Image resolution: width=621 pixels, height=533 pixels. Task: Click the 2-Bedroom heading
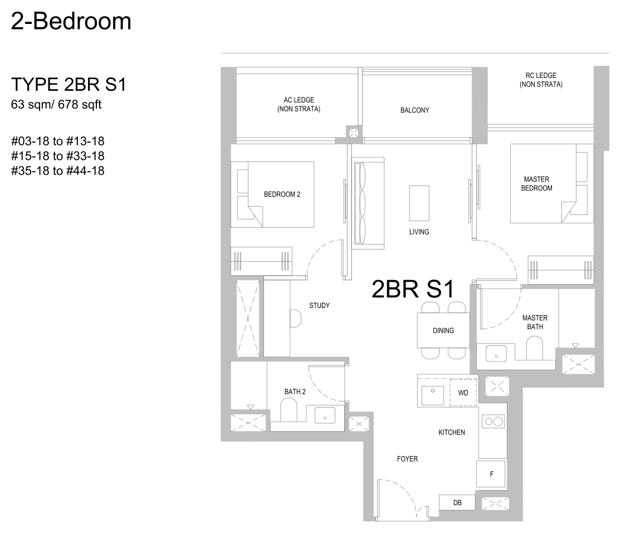(71, 21)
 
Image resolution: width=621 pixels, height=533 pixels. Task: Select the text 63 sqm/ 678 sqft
(56, 105)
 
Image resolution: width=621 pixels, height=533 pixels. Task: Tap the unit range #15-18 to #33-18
(58, 155)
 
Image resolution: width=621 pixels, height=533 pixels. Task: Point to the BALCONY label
(415, 110)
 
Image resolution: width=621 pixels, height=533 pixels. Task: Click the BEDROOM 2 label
(282, 194)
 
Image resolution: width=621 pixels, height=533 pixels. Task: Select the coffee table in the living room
(419, 203)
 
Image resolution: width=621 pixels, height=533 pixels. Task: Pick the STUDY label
(319, 305)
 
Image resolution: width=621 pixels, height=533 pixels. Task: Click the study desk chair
(295, 319)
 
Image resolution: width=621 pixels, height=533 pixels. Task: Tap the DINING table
(443, 330)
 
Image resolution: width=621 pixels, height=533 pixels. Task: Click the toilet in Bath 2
(289, 410)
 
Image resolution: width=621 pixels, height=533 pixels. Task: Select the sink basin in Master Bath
(496, 354)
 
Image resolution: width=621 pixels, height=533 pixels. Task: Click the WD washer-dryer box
(463, 393)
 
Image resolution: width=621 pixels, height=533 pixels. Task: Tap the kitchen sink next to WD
(433, 395)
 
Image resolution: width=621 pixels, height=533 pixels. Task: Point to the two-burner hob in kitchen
(493, 421)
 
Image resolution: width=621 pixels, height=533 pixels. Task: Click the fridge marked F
(491, 474)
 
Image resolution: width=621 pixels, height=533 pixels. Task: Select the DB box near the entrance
(457, 503)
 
